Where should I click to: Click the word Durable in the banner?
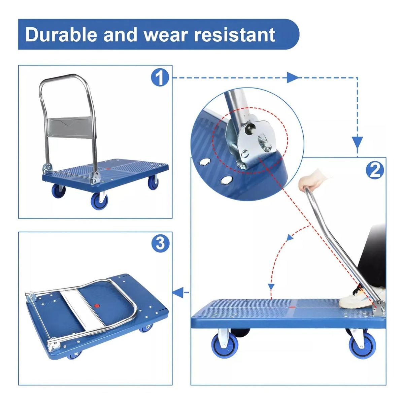click(61, 35)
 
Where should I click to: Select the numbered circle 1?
click(160, 78)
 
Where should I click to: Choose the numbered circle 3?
click(160, 243)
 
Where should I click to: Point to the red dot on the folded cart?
click(97, 306)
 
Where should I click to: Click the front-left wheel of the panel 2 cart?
click(223, 346)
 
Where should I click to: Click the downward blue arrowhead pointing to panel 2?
click(357, 143)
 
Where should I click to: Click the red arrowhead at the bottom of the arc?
click(271, 286)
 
